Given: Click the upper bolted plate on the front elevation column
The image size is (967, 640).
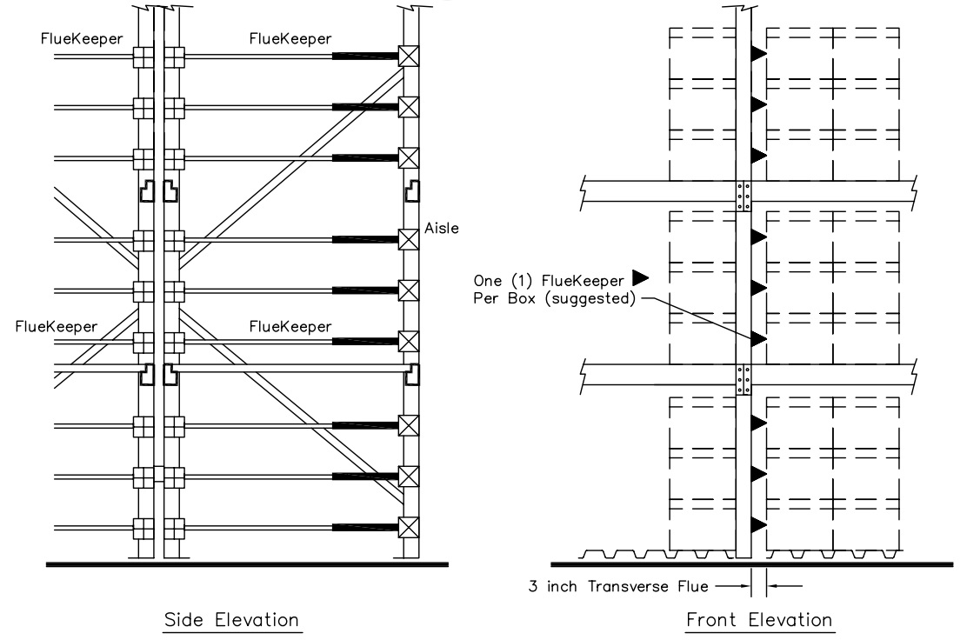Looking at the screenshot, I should [744, 196].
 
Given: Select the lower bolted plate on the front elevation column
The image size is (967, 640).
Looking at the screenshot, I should [744, 379].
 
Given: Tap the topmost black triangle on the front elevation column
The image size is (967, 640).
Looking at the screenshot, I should [758, 54].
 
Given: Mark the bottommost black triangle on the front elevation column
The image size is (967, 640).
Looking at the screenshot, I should [758, 524].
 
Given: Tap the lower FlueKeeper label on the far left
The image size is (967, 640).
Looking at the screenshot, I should [57, 327].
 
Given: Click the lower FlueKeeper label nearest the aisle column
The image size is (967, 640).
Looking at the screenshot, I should [290, 327].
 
